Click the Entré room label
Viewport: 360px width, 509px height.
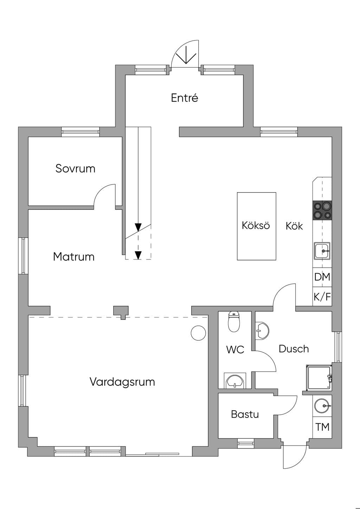(x=184, y=98)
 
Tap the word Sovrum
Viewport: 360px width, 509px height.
(x=75, y=168)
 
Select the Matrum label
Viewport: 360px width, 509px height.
(x=73, y=257)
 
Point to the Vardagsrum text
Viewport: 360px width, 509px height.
(x=122, y=382)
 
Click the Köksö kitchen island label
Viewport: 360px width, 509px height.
(x=256, y=225)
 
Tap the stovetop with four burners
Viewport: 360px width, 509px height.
(x=322, y=210)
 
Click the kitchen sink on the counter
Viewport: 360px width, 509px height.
(x=322, y=251)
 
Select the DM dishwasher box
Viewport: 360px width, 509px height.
(x=322, y=277)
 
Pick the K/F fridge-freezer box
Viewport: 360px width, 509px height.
(x=322, y=296)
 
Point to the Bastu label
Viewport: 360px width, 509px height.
(x=245, y=414)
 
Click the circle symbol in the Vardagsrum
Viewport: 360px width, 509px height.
(x=198, y=333)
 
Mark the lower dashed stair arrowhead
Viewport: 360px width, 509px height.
(x=138, y=256)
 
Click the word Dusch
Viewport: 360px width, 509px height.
(x=294, y=349)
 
